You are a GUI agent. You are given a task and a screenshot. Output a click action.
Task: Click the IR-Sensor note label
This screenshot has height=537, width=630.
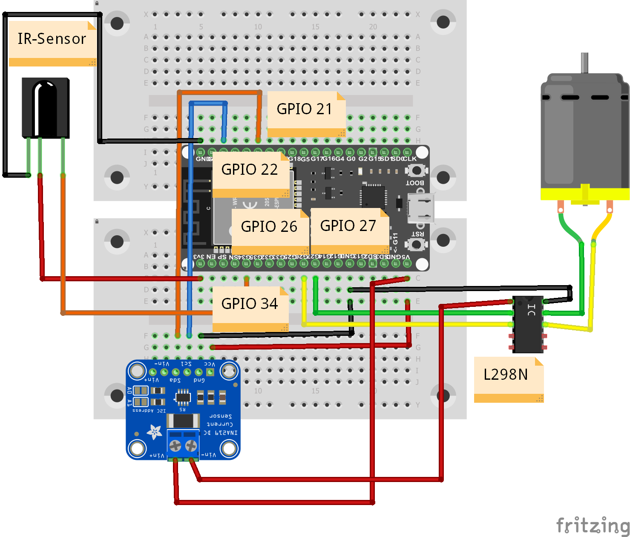coord(52,40)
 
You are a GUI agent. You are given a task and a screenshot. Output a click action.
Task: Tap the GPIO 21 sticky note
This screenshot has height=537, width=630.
coord(305,110)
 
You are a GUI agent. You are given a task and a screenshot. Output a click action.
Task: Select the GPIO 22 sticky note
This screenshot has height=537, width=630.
coord(250,170)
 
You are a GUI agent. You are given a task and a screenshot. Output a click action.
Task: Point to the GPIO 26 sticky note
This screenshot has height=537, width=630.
coord(269,227)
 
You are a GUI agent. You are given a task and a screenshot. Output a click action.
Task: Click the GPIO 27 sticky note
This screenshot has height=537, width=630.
coord(348,226)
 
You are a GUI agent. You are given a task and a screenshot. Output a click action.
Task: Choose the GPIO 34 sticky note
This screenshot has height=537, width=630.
coord(250,304)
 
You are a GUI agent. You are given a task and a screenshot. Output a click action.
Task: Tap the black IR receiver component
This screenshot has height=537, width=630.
coord(45,107)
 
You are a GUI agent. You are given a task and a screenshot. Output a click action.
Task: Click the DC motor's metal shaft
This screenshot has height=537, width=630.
coord(584,63)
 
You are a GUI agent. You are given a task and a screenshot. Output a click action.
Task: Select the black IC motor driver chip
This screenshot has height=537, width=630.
coord(528,324)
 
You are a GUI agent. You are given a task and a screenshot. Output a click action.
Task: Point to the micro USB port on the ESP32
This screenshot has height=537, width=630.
coord(421,208)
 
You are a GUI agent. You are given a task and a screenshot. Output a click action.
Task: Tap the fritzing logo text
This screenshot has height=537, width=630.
coord(592,525)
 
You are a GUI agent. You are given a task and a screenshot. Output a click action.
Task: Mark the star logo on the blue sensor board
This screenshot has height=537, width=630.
coord(154,432)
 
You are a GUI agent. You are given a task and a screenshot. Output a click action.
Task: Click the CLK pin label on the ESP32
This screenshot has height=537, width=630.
coord(409,159)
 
